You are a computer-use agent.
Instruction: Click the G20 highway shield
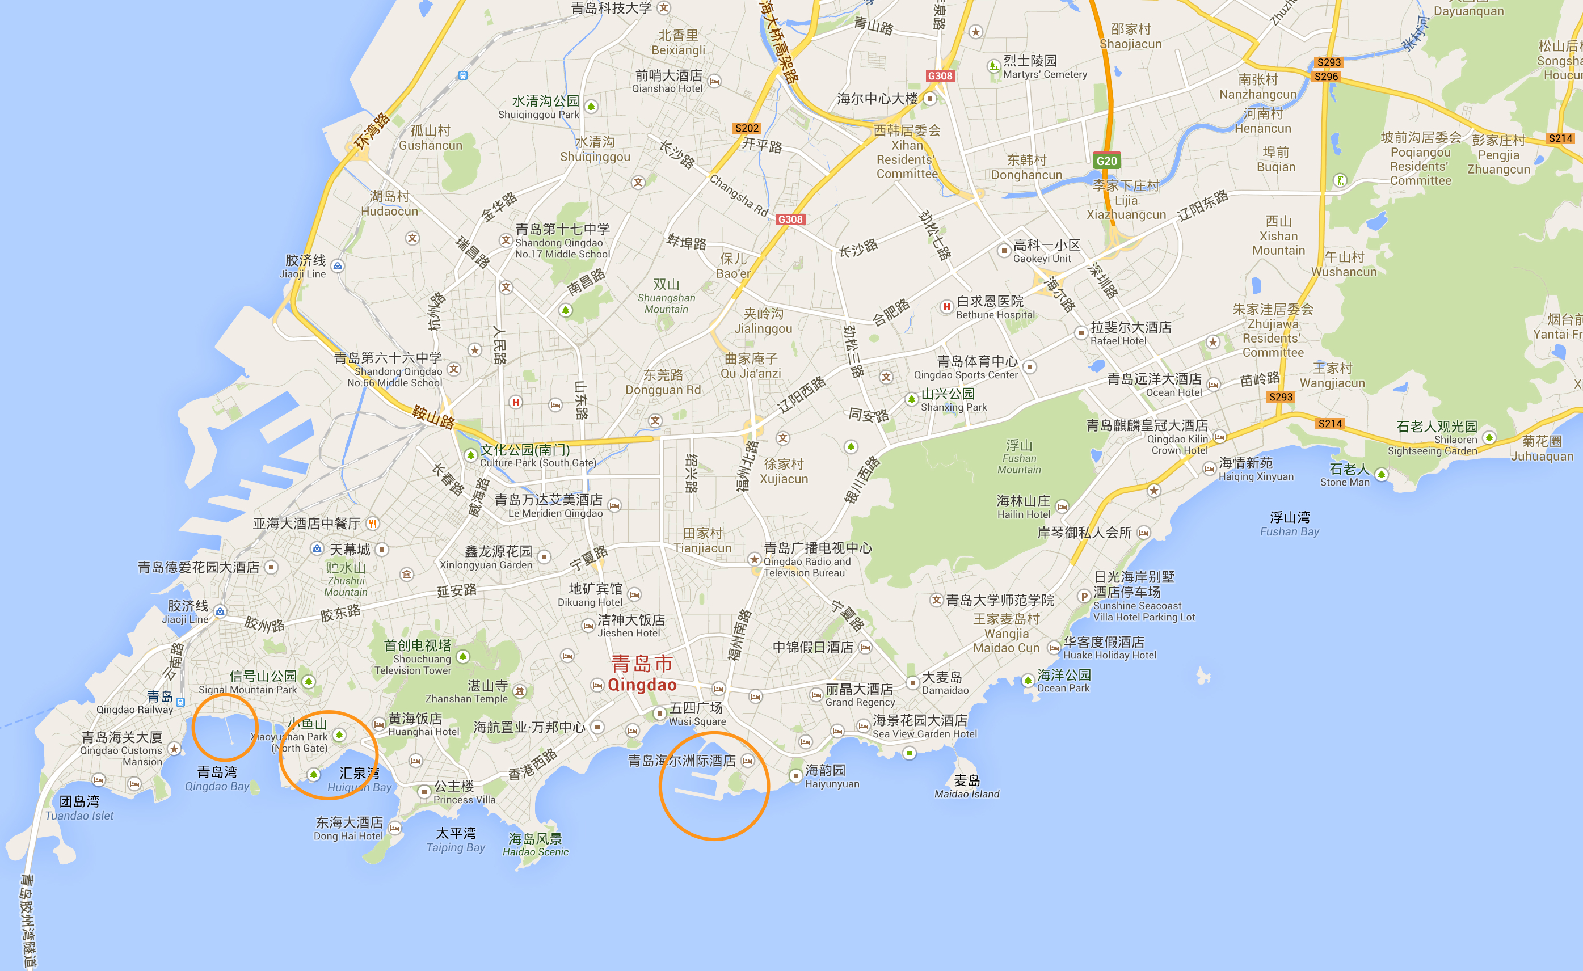tap(1106, 161)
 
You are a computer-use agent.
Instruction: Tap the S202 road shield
tap(747, 128)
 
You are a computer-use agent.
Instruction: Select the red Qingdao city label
tap(642, 674)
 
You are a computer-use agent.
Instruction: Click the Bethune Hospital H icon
tap(946, 307)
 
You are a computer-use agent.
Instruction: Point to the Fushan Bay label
tap(1290, 524)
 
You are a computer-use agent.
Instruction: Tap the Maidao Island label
tap(966, 787)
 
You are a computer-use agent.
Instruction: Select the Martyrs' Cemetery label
tap(1045, 67)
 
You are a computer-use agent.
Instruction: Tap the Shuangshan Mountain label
tap(666, 295)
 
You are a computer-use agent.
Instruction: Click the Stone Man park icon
tap(1381, 475)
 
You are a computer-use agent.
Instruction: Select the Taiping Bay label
tap(456, 840)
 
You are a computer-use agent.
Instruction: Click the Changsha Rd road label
tap(738, 195)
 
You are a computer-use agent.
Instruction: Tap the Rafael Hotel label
tap(1131, 333)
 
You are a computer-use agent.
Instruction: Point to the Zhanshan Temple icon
tap(520, 691)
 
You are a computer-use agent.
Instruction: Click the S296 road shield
tap(1326, 77)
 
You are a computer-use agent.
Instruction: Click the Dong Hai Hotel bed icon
tap(395, 829)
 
